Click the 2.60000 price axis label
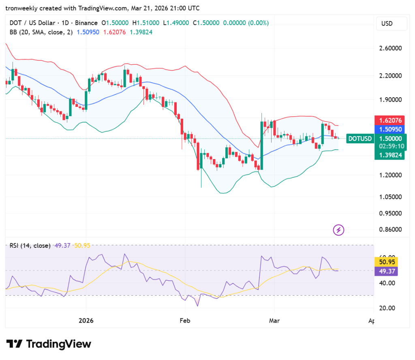390,48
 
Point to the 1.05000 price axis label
390,197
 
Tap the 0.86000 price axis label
390,229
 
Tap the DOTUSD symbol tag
360,138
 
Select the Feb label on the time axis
185,321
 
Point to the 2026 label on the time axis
86,321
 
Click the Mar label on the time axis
274,321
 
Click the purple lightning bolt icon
339,230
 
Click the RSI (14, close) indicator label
31,245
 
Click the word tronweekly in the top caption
22,8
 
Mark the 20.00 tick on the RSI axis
387,308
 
